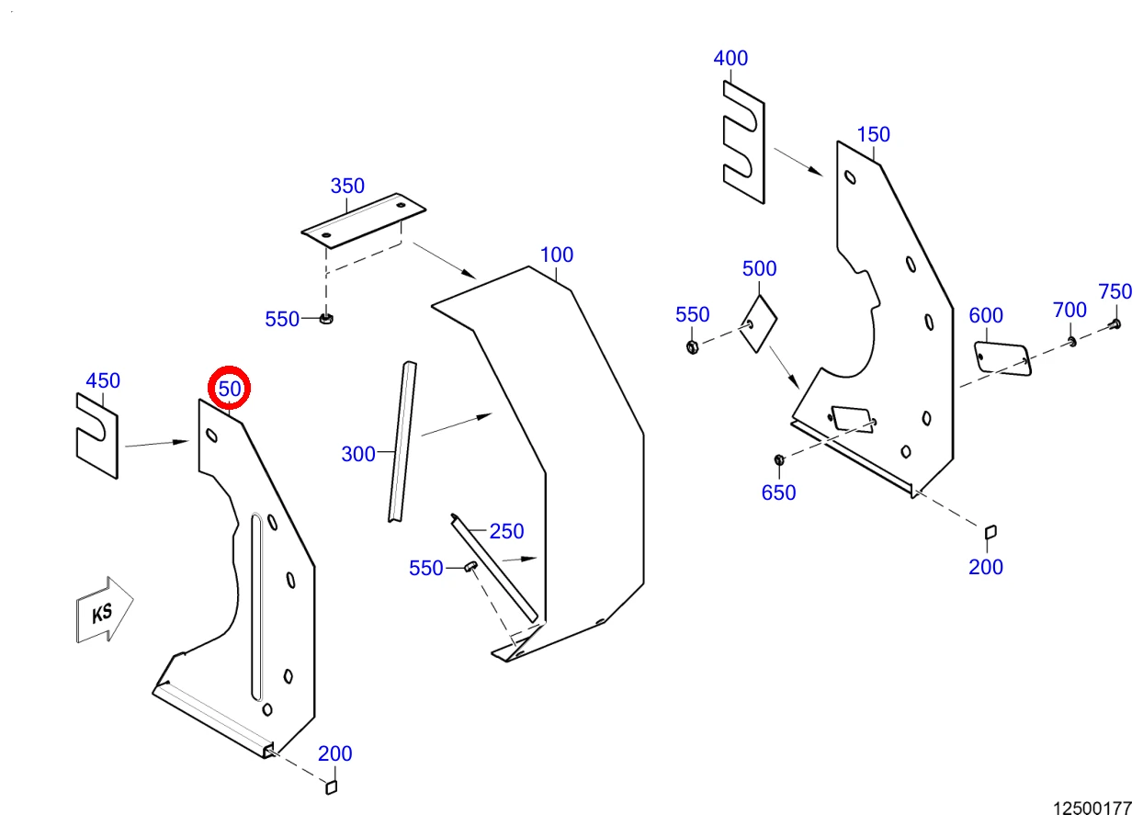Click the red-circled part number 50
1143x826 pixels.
pos(229,390)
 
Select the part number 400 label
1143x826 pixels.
pos(730,58)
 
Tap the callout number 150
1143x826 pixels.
pos(874,135)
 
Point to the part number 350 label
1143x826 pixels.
pos(347,186)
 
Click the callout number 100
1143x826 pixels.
pos(557,255)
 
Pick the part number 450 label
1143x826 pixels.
pos(103,380)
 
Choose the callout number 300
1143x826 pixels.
pos(358,454)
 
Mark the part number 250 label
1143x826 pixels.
pos(506,532)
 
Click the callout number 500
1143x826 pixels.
pos(759,269)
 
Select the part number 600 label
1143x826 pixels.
pos(986,315)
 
